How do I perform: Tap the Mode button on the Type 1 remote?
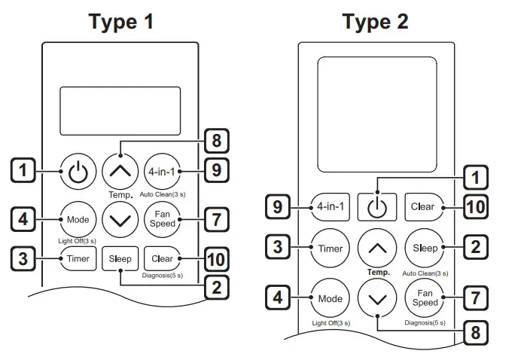[78, 219]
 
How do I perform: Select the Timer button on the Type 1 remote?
[78, 258]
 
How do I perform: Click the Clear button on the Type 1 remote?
[162, 258]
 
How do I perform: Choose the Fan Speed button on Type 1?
[162, 219]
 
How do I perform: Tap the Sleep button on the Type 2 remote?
[425, 248]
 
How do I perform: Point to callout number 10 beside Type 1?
[215, 260]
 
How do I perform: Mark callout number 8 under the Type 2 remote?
[474, 331]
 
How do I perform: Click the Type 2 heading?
[376, 22]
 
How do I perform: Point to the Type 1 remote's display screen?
[120, 110]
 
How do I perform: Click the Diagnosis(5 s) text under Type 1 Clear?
[163, 276]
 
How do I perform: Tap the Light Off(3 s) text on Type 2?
[330, 322]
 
